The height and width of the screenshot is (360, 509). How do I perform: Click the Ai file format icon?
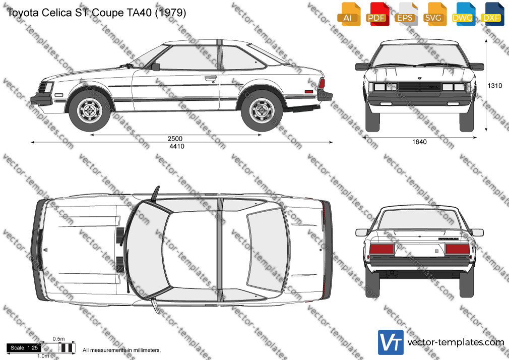click(349, 14)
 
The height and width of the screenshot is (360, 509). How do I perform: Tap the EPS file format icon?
click(406, 14)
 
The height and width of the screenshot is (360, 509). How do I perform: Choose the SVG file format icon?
click(434, 14)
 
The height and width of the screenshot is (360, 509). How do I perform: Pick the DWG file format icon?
click(463, 14)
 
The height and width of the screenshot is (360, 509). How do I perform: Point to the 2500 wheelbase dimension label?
click(175, 139)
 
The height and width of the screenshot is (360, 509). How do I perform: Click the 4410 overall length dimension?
click(177, 146)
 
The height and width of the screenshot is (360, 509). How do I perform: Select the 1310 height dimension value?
click(495, 86)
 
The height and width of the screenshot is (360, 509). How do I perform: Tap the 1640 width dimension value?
click(419, 142)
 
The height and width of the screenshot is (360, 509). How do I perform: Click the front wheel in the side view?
click(90, 111)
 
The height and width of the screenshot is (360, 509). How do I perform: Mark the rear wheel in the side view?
click(262, 111)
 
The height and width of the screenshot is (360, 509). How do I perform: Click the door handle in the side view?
click(211, 78)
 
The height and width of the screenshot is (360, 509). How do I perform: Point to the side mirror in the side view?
click(156, 67)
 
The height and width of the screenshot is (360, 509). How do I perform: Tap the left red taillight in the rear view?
click(382, 249)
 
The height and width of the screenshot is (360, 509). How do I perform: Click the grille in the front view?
click(419, 87)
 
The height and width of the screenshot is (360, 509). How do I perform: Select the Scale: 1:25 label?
click(24, 348)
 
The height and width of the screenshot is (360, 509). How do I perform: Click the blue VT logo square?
click(391, 342)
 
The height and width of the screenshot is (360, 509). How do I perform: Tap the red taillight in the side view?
click(322, 84)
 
